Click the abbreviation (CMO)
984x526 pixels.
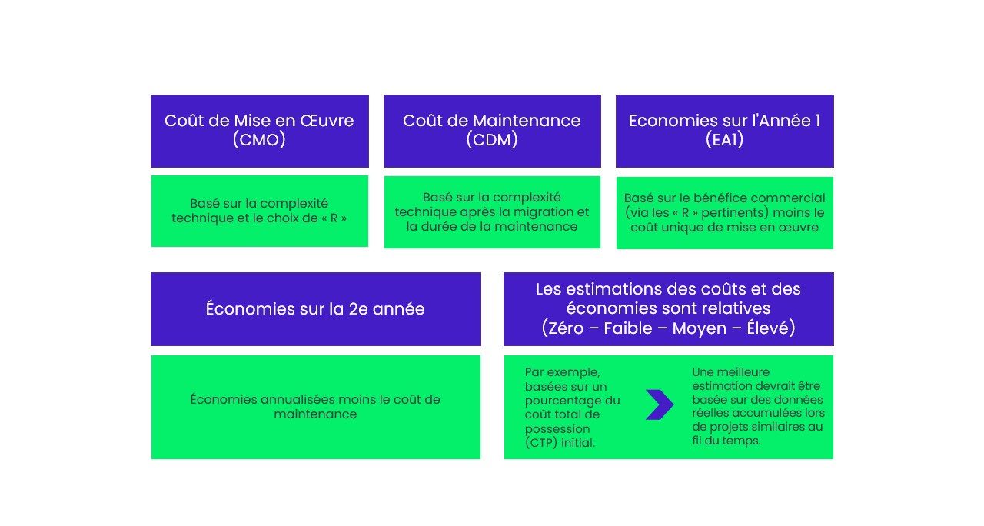click(259, 140)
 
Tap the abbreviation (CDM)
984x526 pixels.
click(492, 140)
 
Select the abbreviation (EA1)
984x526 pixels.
click(724, 140)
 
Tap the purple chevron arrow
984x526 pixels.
click(660, 404)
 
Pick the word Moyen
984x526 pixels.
click(699, 328)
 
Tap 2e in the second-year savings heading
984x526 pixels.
click(358, 309)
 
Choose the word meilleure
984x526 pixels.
click(743, 372)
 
